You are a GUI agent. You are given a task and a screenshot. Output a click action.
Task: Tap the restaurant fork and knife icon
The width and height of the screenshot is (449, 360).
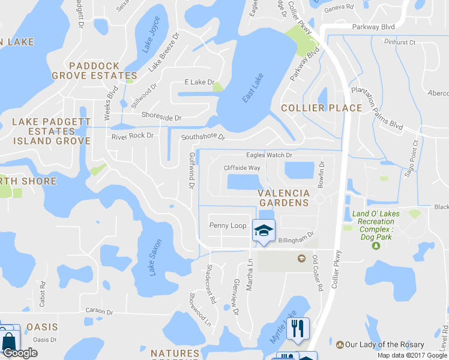click(298, 328)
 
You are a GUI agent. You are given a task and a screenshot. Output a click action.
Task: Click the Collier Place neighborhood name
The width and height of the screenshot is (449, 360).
click(322, 108)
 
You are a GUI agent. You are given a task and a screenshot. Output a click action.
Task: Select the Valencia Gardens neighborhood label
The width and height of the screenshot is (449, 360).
click(284, 198)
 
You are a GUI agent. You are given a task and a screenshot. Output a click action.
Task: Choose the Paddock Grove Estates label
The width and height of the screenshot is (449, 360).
click(94, 71)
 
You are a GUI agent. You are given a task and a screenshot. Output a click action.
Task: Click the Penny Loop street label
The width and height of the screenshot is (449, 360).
click(228, 226)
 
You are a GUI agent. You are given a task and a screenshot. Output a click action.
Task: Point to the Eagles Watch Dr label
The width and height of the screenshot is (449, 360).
click(268, 155)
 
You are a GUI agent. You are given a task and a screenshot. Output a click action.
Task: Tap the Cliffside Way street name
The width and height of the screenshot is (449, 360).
click(242, 168)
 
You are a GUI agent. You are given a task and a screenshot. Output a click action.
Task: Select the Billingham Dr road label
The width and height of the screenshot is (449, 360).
click(297, 238)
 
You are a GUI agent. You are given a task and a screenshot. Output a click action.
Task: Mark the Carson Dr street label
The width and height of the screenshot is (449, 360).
click(99, 312)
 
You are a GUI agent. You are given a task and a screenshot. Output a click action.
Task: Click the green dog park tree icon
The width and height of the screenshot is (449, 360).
click(376, 245)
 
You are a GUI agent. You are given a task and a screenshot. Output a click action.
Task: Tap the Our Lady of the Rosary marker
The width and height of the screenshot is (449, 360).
click(340, 345)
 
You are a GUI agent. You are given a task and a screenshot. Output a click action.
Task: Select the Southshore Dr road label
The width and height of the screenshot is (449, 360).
click(203, 137)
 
